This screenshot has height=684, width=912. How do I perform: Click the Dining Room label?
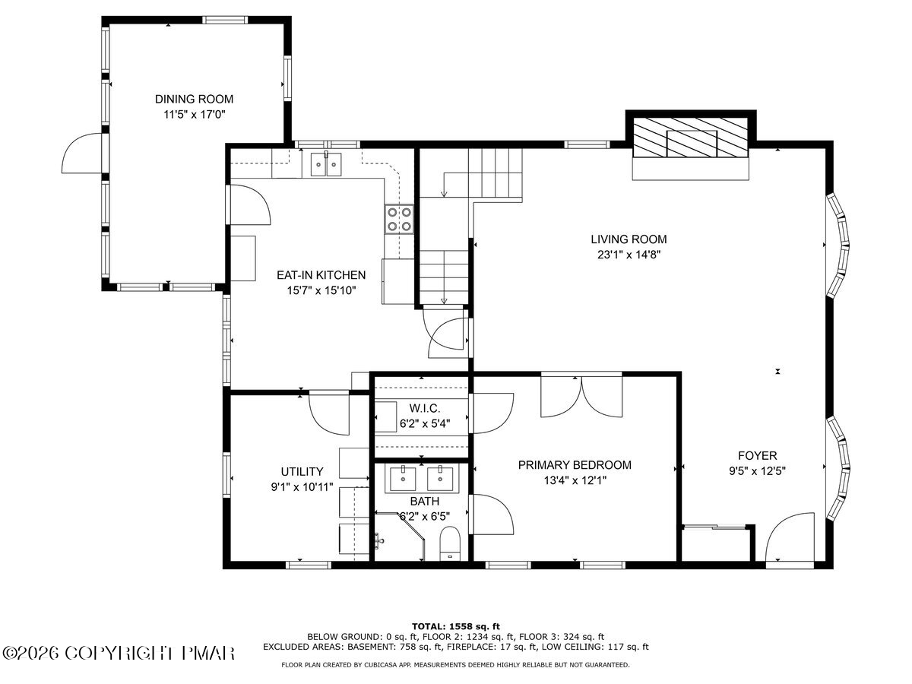click(x=194, y=99)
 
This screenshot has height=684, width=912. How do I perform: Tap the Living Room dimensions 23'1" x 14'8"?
click(x=629, y=255)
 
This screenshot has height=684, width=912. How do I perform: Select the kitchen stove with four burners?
click(x=399, y=219)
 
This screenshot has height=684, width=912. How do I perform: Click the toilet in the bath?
click(x=450, y=541)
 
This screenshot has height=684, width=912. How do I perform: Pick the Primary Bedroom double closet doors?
click(x=581, y=396)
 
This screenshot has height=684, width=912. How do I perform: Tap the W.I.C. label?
click(x=420, y=409)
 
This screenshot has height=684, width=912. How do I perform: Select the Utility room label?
click(x=302, y=471)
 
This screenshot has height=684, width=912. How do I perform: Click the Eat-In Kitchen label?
click(x=320, y=275)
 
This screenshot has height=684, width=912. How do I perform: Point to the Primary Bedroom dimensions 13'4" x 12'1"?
click(x=575, y=480)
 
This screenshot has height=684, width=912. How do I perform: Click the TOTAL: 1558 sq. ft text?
click(x=455, y=625)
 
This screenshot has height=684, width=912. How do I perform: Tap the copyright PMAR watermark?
click(x=119, y=653)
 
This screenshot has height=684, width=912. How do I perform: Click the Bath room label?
click(x=424, y=502)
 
